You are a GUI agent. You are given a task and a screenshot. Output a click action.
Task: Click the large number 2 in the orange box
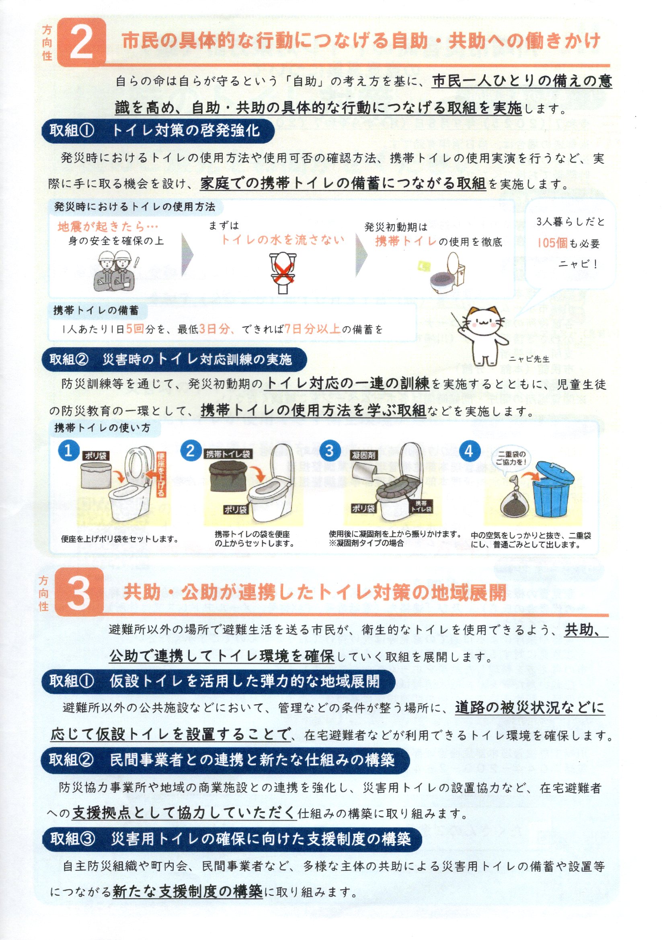point(82,42)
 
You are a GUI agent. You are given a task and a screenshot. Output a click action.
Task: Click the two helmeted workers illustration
point(116,271)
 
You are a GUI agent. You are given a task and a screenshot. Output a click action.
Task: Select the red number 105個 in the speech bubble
point(552,243)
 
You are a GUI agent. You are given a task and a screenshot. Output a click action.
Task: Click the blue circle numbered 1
point(69,450)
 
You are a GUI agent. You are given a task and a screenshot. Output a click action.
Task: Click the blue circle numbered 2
point(191,450)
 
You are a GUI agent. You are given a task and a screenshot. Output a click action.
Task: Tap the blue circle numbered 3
point(330,450)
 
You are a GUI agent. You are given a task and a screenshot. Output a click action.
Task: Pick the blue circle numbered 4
point(469,451)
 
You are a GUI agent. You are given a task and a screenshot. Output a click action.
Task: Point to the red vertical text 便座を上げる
point(161,474)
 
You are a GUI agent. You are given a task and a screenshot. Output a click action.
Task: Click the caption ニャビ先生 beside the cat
point(529,359)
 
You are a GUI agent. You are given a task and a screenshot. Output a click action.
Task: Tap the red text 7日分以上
point(313,329)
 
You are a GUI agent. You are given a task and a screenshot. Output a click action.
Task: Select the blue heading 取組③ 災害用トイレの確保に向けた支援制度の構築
point(231,839)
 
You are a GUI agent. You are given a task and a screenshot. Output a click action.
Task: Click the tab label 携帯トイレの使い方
point(103,428)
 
